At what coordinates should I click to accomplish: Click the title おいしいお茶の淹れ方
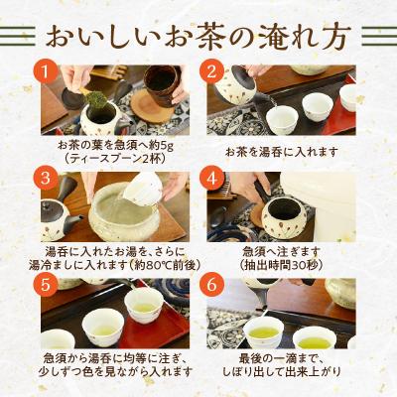tap(198, 38)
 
